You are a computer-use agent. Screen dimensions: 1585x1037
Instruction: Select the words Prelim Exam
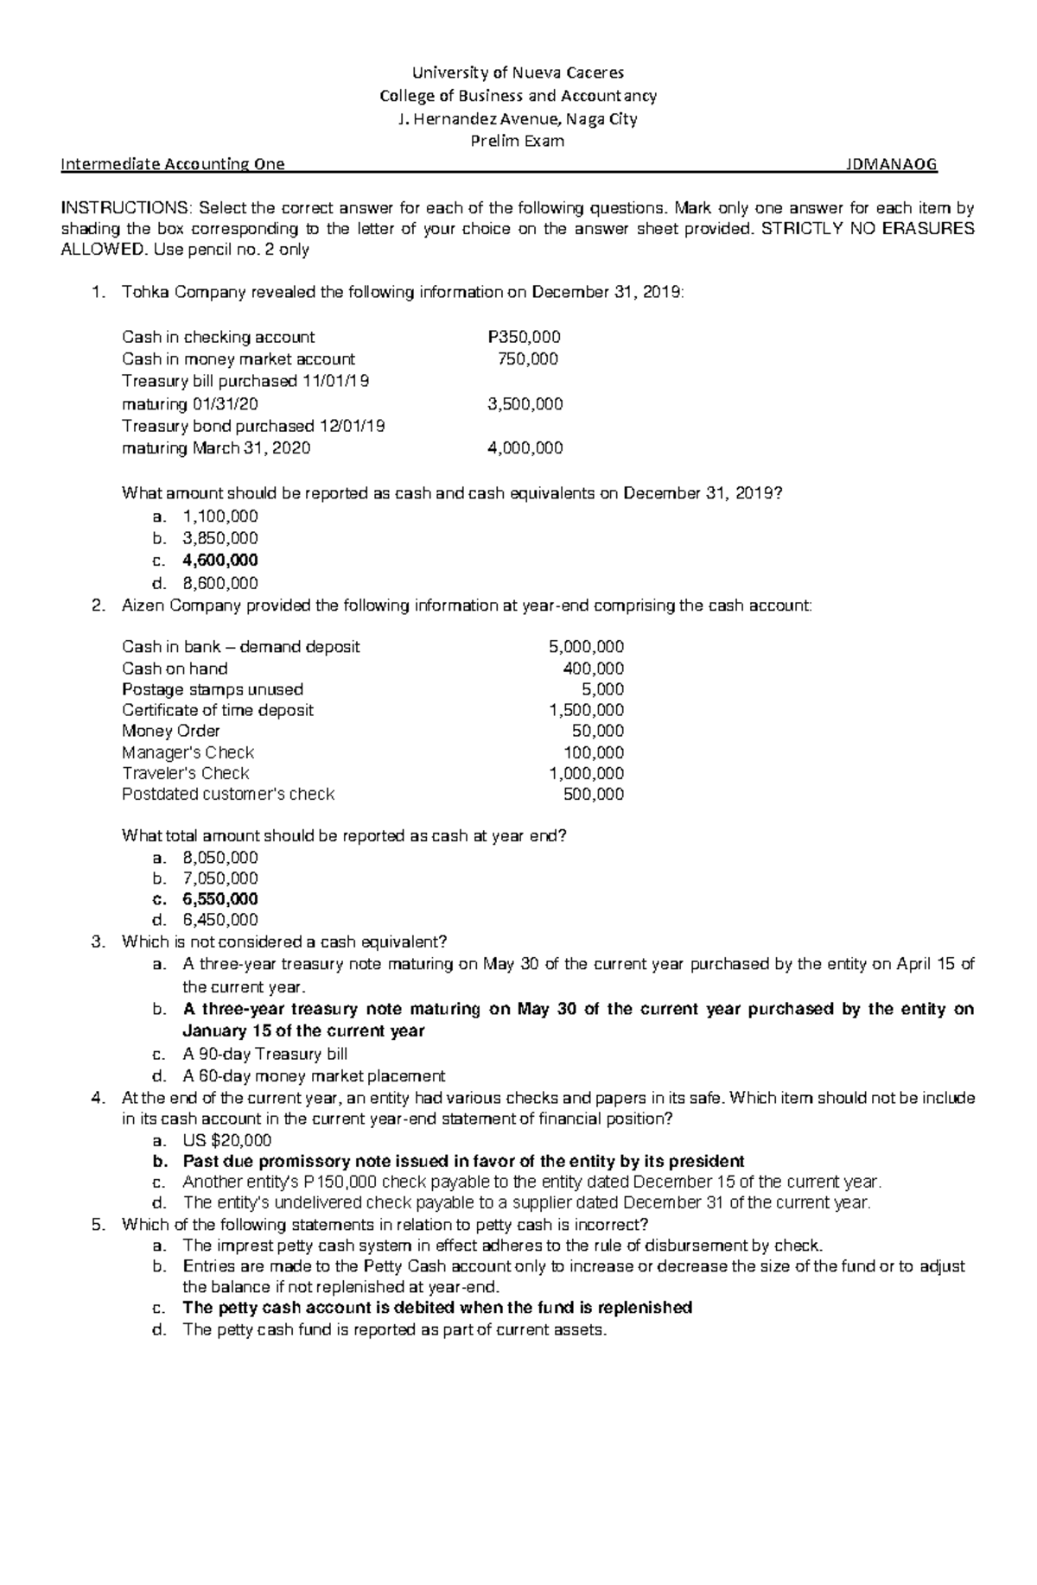pos(517,142)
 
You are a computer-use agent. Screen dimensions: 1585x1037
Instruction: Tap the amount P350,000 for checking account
pos(525,337)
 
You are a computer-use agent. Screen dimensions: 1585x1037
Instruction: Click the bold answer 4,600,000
pos(220,561)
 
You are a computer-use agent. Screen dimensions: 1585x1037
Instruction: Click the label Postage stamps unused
pos(213,689)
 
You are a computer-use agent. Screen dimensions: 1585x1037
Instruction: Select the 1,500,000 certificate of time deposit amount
pos(586,710)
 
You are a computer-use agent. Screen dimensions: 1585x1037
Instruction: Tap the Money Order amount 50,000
pos(600,731)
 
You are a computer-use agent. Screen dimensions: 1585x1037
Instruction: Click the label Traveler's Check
pos(186,773)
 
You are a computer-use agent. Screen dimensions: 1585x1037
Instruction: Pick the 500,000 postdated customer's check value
pos(593,794)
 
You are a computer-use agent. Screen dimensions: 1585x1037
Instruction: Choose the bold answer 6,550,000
pos(220,899)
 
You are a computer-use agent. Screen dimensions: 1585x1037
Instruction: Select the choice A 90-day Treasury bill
pos(265,1054)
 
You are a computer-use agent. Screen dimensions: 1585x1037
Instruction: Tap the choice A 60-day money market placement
pos(314,1076)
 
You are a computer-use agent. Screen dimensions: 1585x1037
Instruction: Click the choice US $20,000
pos(227,1140)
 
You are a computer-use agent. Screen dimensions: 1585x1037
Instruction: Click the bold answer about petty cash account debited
pos(437,1308)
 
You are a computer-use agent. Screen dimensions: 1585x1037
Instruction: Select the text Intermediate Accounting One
pos(173,165)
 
